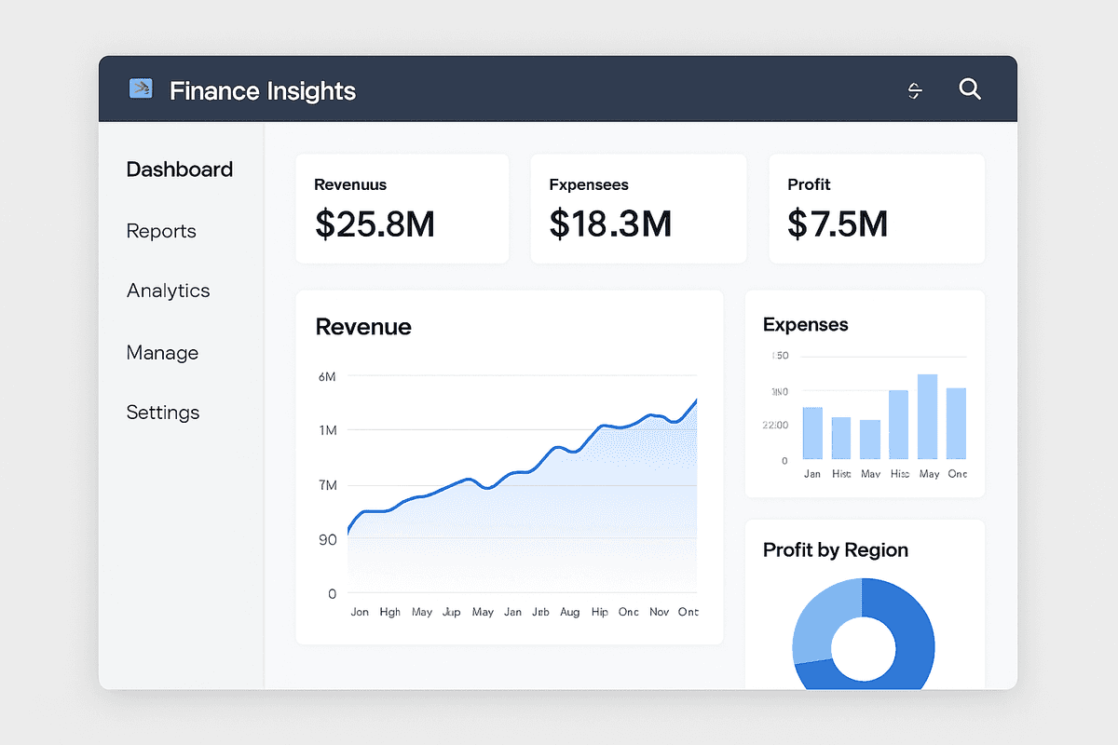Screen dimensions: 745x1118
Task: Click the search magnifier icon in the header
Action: (x=970, y=89)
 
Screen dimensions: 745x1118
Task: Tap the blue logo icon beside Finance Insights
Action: (x=141, y=89)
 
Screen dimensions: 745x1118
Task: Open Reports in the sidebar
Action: (x=161, y=231)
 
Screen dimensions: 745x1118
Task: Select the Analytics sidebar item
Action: (x=169, y=291)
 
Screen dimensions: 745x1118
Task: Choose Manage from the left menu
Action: (x=162, y=353)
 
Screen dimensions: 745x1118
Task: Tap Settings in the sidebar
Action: (x=163, y=413)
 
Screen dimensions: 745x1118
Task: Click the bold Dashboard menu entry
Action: (x=180, y=169)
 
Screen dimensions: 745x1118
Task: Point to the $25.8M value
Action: (x=375, y=223)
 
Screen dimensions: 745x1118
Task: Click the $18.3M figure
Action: (x=610, y=223)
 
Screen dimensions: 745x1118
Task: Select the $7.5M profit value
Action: (x=838, y=223)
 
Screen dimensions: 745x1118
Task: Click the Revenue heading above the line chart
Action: (x=363, y=327)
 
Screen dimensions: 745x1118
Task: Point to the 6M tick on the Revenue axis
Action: (x=327, y=376)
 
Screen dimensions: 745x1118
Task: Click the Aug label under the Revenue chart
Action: (x=570, y=612)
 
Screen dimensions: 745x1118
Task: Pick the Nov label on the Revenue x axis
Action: (x=659, y=612)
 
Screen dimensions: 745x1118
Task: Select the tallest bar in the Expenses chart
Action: (x=927, y=416)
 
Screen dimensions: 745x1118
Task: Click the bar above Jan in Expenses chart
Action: (x=812, y=433)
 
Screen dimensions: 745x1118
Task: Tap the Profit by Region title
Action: (x=835, y=550)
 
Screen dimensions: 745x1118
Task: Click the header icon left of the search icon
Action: (x=915, y=90)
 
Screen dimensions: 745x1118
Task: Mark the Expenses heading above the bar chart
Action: (x=805, y=325)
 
